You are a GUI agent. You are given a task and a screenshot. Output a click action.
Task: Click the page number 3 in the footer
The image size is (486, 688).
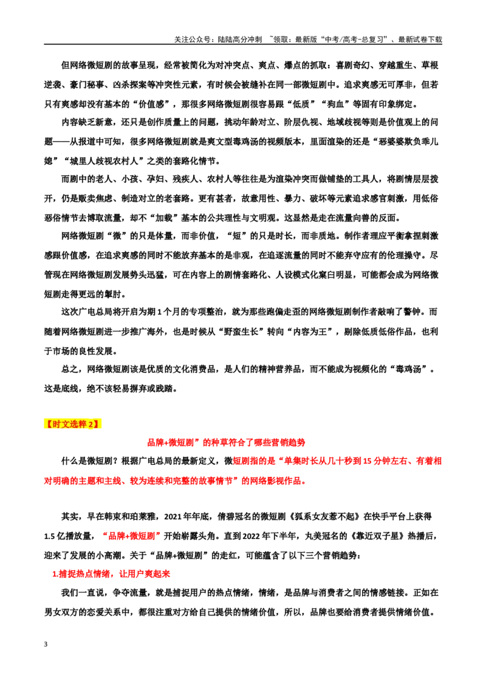[46, 644]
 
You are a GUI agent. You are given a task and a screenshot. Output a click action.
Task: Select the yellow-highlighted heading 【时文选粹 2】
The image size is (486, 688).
[72, 424]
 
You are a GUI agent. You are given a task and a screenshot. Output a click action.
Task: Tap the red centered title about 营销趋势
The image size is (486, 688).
[226, 442]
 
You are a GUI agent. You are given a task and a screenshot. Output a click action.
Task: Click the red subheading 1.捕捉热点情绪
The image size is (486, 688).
[111, 574]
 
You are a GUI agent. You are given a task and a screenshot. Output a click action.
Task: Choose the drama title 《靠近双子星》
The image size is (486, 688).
[371, 535]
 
